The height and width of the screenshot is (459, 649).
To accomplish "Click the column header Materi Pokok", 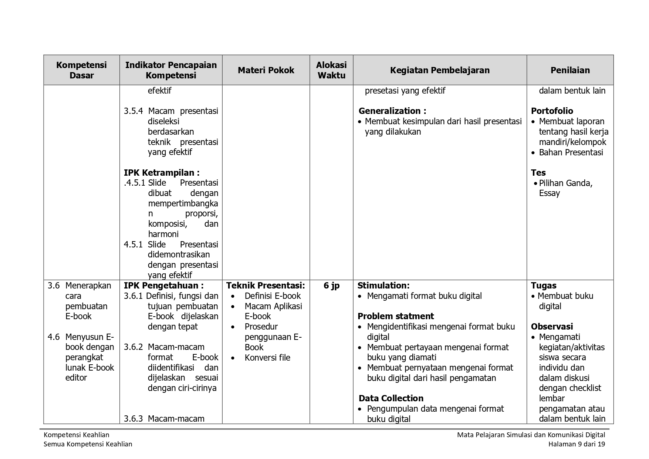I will (266, 70).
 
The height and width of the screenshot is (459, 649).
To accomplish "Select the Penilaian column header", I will (570, 70).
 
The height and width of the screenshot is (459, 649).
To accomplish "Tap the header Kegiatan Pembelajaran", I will (440, 70).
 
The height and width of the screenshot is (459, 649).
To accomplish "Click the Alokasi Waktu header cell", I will (331, 70).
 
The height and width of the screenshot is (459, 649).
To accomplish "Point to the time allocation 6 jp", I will (331, 286).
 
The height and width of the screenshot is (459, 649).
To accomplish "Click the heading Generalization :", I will (392, 111).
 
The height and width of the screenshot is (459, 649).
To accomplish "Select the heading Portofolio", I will (552, 111).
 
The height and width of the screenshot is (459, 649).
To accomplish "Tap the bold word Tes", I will (538, 173).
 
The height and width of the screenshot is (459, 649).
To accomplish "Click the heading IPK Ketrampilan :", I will (162, 173).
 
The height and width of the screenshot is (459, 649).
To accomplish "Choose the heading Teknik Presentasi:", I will (266, 286).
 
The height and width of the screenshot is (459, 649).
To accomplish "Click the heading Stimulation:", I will (383, 286).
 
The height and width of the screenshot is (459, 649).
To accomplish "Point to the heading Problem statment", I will (395, 316).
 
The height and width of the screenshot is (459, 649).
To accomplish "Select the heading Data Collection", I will (391, 398).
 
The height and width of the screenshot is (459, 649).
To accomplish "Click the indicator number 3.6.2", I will (133, 347).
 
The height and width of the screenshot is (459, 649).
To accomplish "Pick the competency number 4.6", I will (54, 337).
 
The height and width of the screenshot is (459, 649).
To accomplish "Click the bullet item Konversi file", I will (267, 358).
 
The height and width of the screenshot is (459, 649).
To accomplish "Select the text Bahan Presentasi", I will (571, 152).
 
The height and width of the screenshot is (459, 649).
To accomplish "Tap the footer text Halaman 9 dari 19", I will (577, 444).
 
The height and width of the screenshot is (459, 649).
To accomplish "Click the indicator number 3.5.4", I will (133, 111).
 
